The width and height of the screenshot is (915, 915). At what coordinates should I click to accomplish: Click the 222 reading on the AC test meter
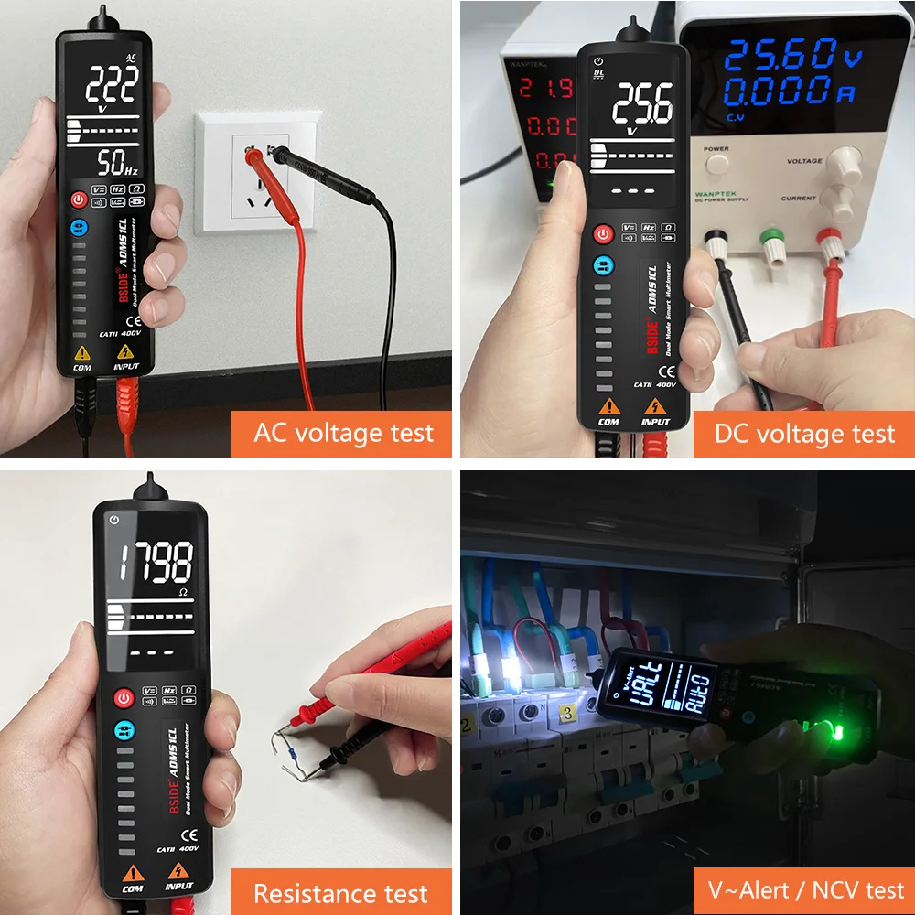pos(112,88)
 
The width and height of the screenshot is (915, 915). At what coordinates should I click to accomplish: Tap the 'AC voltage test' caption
pos(343,432)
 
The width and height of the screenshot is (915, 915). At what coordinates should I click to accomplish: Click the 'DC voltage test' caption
pos(804,433)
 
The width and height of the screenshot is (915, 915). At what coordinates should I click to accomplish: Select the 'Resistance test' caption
pos(340,893)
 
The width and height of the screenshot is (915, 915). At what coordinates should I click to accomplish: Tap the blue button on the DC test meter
pos(601,266)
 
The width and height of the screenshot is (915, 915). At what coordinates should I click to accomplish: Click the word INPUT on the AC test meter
pos(127,367)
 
